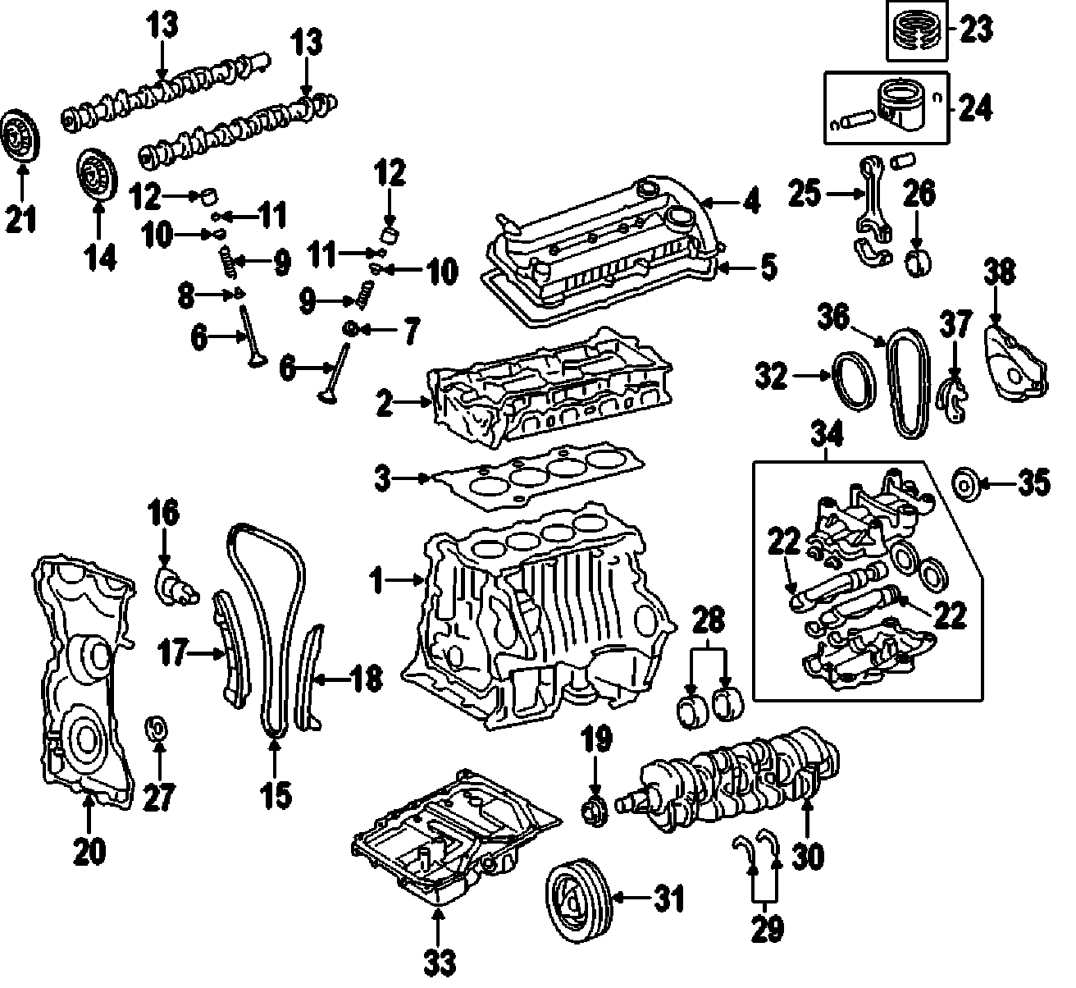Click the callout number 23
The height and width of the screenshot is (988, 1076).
(x=975, y=30)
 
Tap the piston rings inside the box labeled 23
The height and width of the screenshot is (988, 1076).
(x=917, y=30)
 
